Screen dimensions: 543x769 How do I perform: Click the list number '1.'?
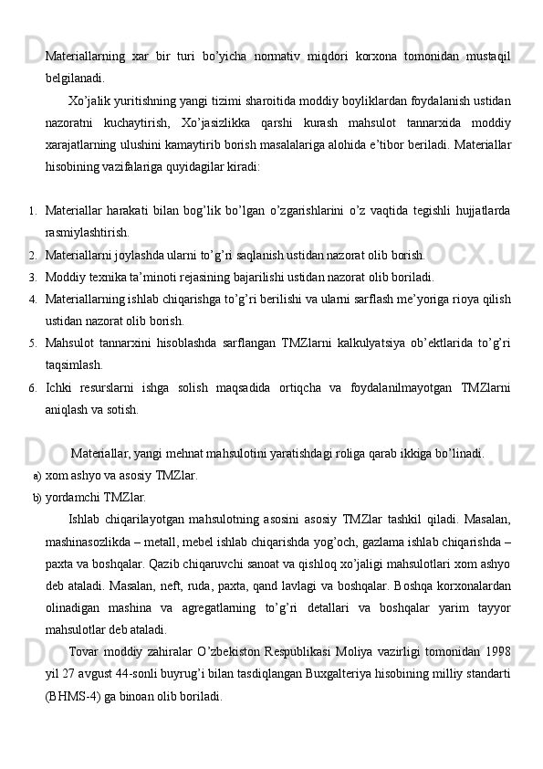(32, 214)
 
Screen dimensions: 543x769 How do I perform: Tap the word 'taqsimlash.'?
(73, 364)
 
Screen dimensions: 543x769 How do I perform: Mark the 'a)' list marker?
(37, 476)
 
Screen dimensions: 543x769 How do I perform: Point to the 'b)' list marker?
(37, 498)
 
